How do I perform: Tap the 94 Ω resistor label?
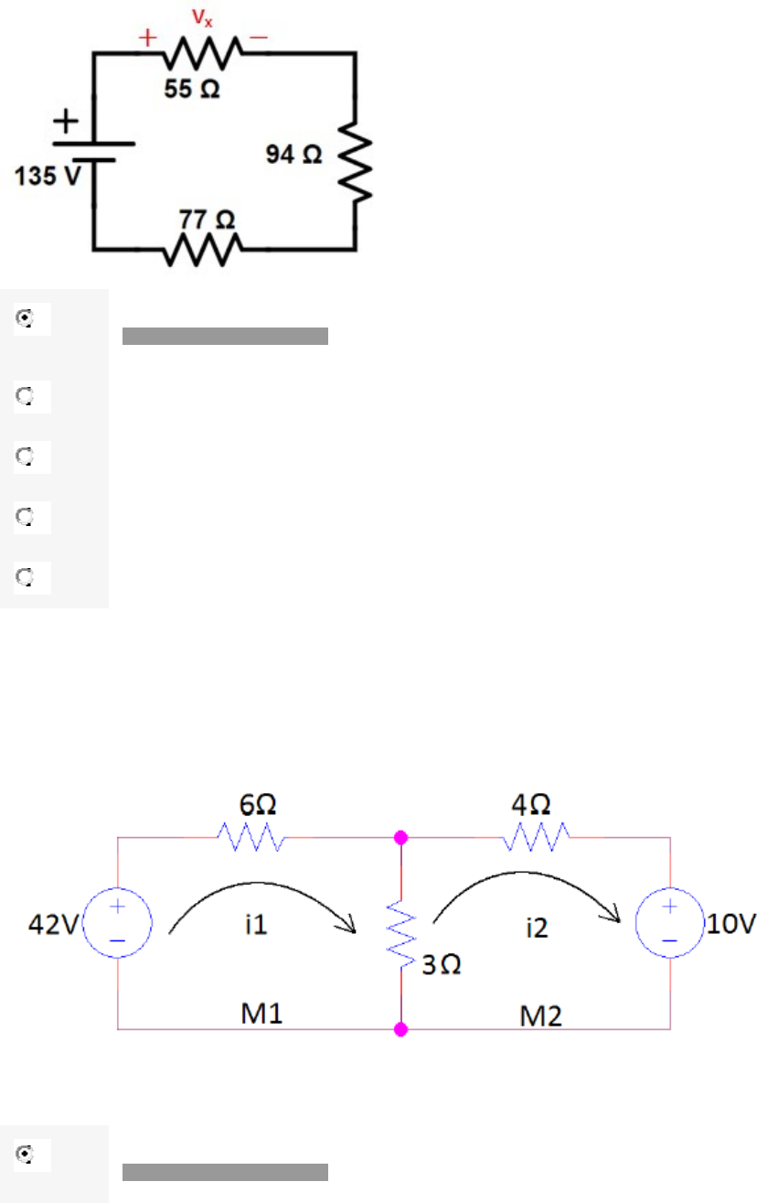tap(293, 155)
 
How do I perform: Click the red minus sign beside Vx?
tap(260, 38)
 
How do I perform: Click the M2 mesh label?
tap(542, 1015)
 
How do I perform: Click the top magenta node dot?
tap(400, 837)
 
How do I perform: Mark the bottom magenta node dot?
tap(400, 1029)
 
